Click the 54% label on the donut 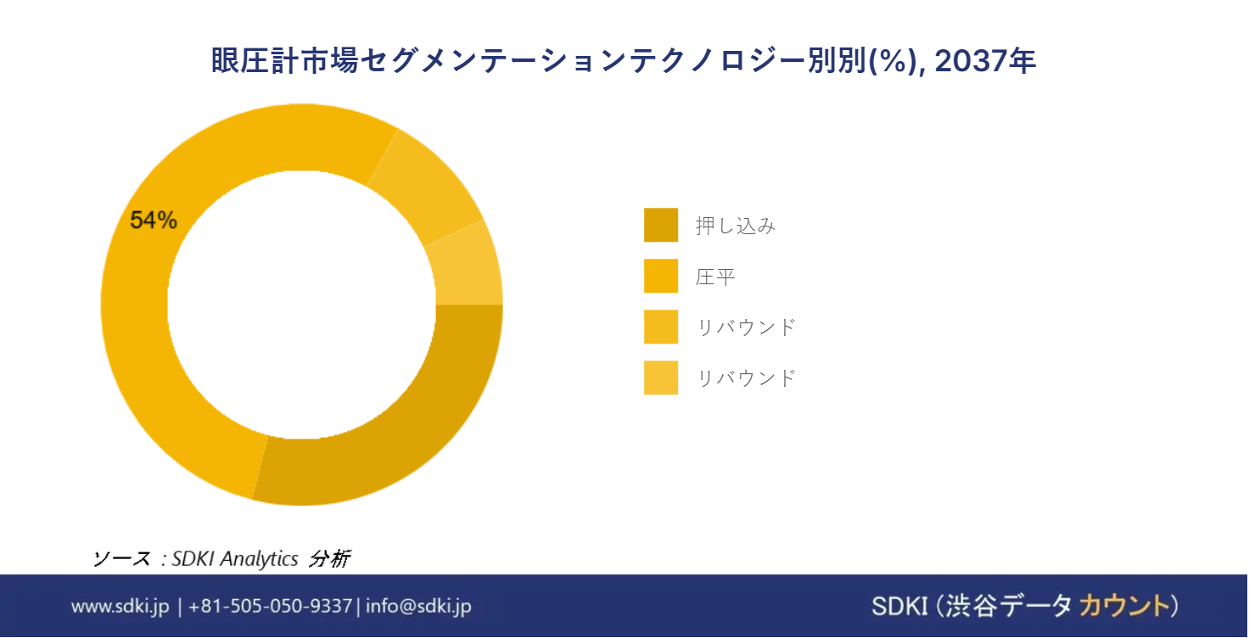click(x=154, y=221)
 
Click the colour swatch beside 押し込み click(x=661, y=225)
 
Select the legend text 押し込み click(x=736, y=226)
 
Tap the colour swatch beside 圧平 click(x=661, y=276)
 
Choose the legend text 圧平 click(x=715, y=277)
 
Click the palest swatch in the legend click(x=661, y=378)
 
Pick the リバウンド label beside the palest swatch click(x=746, y=378)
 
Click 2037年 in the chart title click(x=985, y=60)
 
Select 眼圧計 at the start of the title click(x=255, y=60)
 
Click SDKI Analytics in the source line click(x=235, y=558)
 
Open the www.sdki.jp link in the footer click(x=120, y=606)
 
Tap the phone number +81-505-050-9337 click(x=271, y=606)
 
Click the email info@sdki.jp click(x=418, y=606)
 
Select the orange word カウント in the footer click(x=1124, y=606)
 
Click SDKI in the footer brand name click(x=899, y=607)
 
